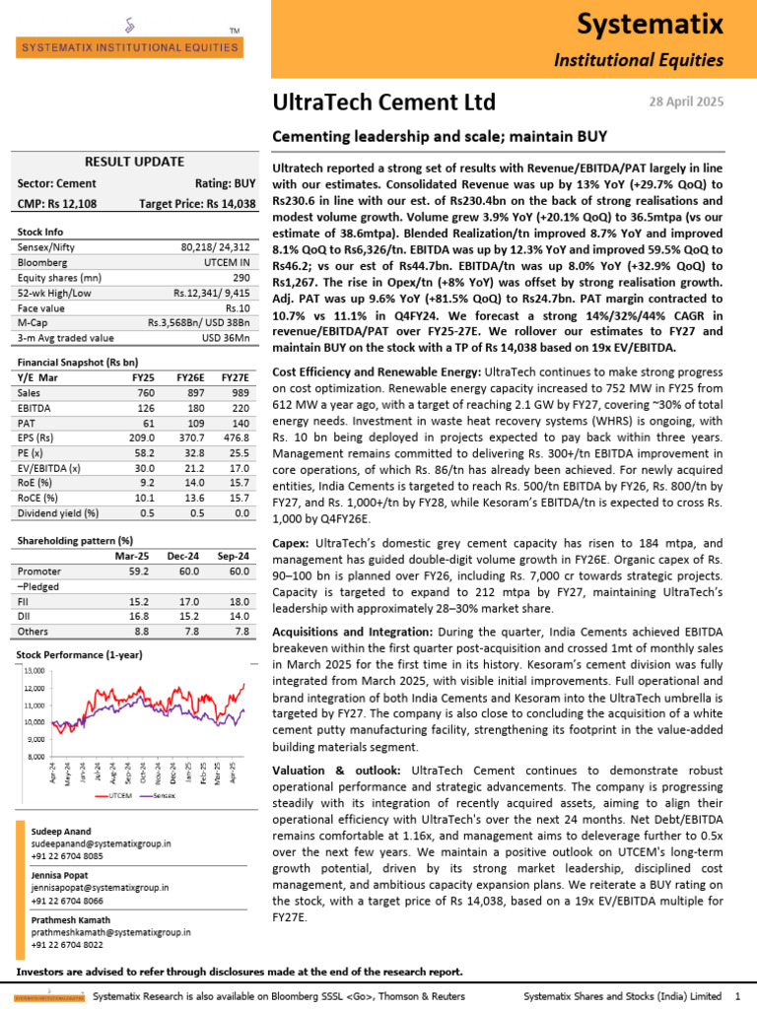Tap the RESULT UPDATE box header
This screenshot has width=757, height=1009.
(x=134, y=162)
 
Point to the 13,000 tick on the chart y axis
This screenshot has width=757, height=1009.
(x=34, y=671)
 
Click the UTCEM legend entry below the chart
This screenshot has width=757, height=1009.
(x=118, y=794)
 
